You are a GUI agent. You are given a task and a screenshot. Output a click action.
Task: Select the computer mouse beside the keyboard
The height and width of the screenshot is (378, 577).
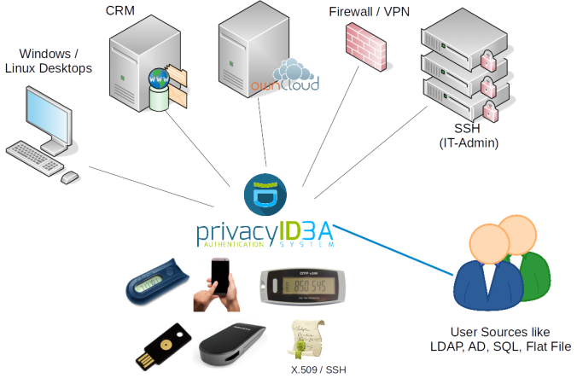tap(70, 177)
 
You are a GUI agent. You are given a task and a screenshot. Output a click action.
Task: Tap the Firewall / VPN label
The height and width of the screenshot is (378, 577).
tap(368, 12)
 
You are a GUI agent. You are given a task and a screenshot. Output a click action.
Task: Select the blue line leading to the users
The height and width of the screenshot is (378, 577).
tap(393, 250)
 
